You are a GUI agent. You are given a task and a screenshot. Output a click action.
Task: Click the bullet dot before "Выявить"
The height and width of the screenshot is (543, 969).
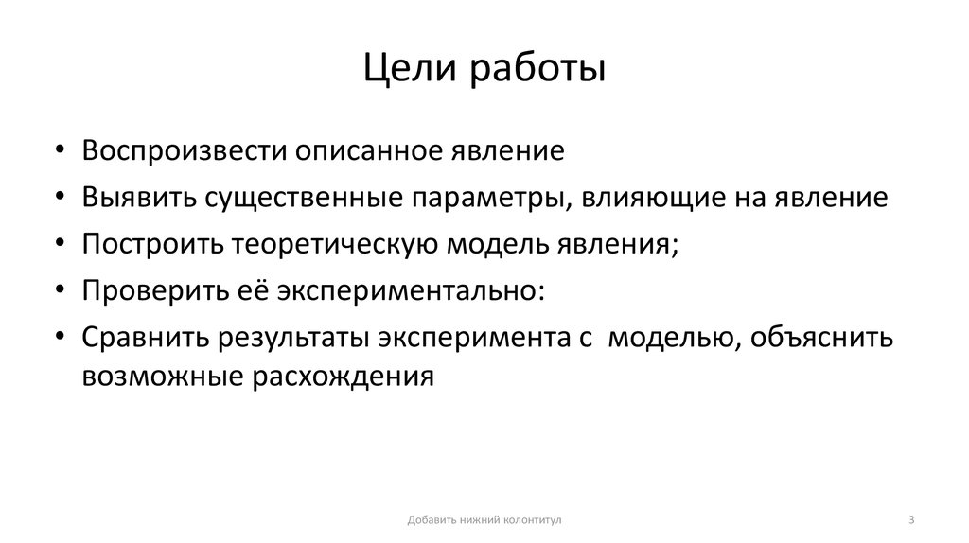point(62,198)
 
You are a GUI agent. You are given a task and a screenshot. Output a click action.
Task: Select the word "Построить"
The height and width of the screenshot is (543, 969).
point(150,244)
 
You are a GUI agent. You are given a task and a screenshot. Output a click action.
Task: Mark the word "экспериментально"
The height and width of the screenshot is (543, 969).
point(412,290)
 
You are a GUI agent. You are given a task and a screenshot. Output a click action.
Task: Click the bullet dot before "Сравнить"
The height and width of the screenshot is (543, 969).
point(62,338)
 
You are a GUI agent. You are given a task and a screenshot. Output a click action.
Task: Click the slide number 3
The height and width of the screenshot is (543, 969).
point(910,519)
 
